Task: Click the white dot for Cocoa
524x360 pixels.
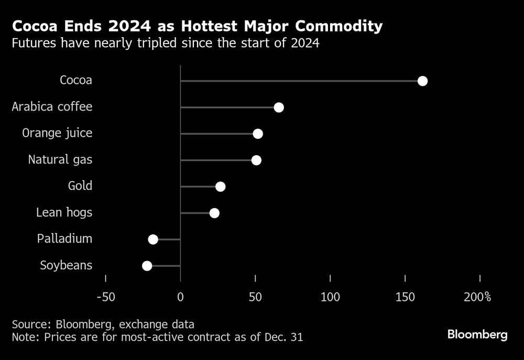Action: pyautogui.click(x=422, y=81)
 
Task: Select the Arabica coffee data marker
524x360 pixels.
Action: pyautogui.click(x=279, y=107)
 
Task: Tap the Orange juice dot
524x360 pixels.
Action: pyautogui.click(x=258, y=134)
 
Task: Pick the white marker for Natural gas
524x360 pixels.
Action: pyautogui.click(x=256, y=160)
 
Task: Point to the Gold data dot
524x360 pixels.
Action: pyautogui.click(x=221, y=187)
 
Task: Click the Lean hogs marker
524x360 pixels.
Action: pyautogui.click(x=214, y=213)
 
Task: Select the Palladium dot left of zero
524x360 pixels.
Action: pyautogui.click(x=153, y=239)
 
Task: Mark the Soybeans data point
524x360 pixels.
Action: pyautogui.click(x=147, y=266)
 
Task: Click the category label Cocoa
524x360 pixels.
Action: pyautogui.click(x=76, y=80)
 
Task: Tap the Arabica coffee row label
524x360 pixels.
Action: pyautogui.click(x=52, y=107)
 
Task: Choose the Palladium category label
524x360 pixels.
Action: pyautogui.click(x=64, y=239)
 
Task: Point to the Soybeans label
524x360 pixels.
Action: pyautogui.click(x=66, y=265)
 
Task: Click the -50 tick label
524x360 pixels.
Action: pyautogui.click(x=106, y=298)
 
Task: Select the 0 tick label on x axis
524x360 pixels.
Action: pyautogui.click(x=180, y=298)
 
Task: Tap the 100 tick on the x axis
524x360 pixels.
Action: pyautogui.click(x=330, y=298)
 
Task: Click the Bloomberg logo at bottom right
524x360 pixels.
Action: pyautogui.click(x=477, y=335)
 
